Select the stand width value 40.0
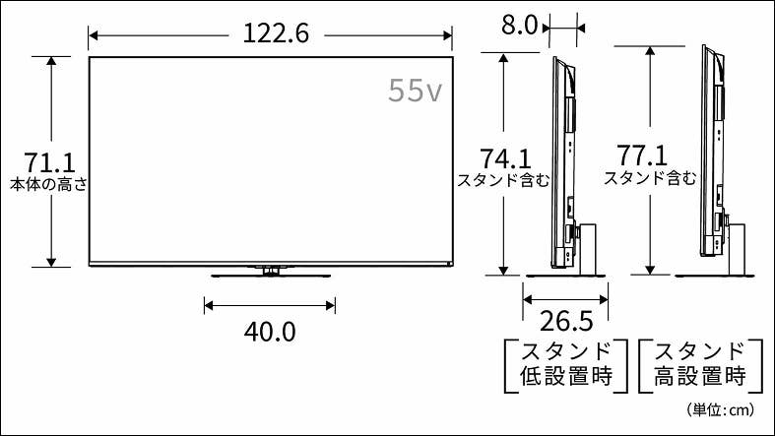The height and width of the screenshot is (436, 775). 270,332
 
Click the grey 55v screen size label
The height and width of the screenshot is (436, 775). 414,92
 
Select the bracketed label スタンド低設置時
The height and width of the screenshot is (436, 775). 565,363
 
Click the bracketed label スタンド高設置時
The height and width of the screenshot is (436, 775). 700,363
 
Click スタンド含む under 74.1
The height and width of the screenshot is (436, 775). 503,180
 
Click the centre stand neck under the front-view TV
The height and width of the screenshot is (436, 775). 269,269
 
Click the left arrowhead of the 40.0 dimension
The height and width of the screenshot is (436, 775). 207,304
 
